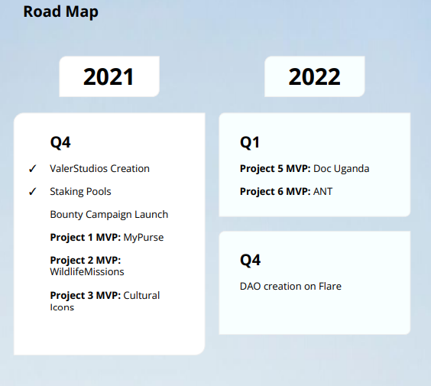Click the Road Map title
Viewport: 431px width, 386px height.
pos(60,12)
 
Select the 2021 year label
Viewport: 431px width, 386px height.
pos(109,76)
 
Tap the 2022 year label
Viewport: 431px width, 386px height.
pos(314,76)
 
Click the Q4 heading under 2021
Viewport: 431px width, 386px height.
pos(60,143)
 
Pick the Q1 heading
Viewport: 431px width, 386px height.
pos(250,143)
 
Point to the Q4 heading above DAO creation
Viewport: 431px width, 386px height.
pos(250,260)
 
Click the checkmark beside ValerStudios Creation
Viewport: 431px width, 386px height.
pos(32,168)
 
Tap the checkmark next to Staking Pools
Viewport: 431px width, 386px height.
pos(32,191)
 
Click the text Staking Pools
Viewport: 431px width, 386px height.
pos(80,192)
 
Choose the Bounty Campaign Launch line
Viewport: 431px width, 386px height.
pos(109,215)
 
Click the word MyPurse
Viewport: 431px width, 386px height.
pos(144,238)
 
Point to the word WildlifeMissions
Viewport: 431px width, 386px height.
pos(87,272)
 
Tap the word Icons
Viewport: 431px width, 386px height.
pos(62,307)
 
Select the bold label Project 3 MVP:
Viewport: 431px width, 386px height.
pos(86,296)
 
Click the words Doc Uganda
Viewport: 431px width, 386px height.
pos(341,169)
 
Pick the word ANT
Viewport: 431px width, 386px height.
pos(322,192)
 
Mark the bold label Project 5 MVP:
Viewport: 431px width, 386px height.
pos(275,168)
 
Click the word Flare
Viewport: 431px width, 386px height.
pos(330,287)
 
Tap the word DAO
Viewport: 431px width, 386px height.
pos(251,287)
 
